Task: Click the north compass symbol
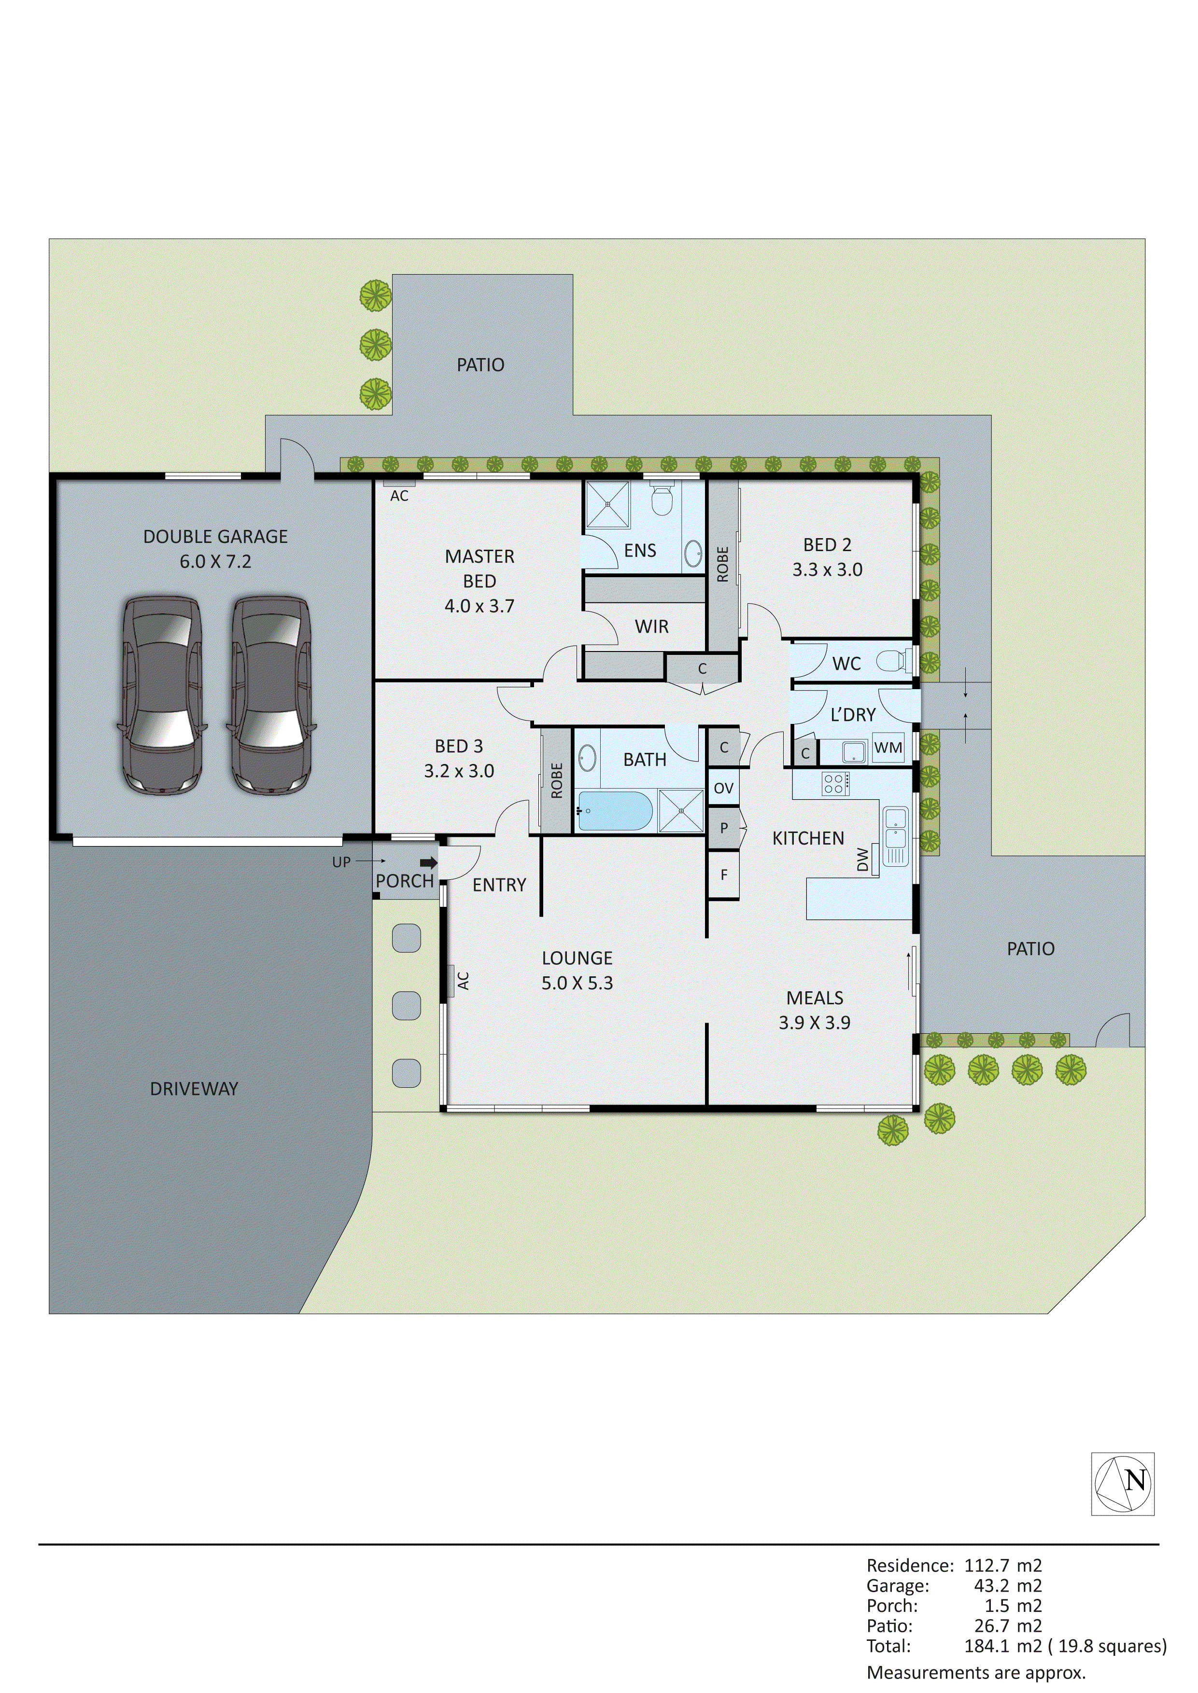(1122, 1484)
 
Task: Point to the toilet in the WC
(895, 662)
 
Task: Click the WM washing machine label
(888, 748)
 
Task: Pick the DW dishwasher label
(863, 860)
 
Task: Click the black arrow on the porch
(428, 863)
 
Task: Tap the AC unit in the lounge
(450, 981)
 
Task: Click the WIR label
(651, 627)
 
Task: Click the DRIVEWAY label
(194, 1089)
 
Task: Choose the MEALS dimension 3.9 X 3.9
(815, 1023)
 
